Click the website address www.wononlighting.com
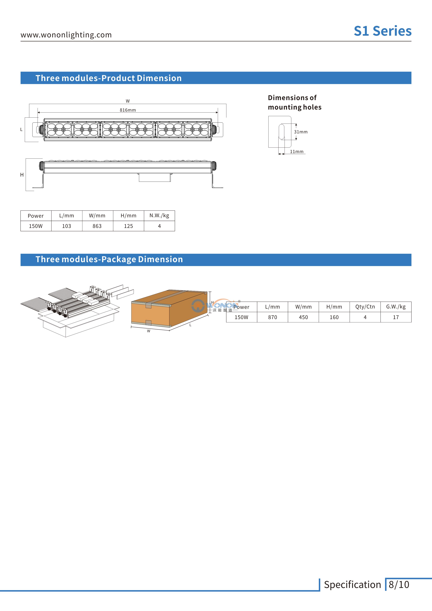point(66,35)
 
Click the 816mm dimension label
point(128,110)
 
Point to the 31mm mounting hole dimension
point(301,132)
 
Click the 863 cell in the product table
point(97,226)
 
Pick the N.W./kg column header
point(159,216)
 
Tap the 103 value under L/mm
point(67,226)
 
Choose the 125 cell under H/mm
point(128,226)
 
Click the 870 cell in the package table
point(273,317)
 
